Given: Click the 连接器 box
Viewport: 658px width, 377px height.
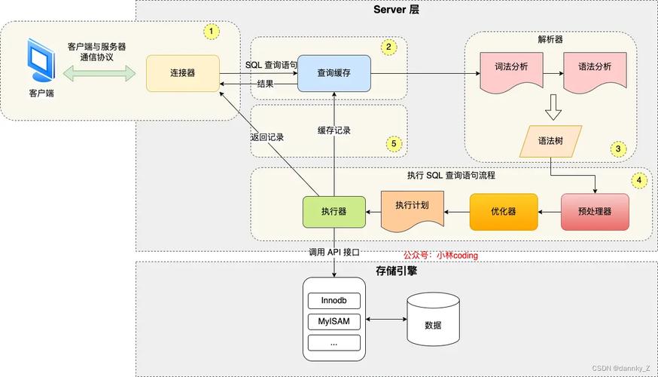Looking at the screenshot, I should coord(183,73).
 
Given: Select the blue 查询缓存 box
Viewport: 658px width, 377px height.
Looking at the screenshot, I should coord(334,73).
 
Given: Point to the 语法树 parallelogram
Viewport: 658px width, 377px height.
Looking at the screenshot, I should coord(551,141).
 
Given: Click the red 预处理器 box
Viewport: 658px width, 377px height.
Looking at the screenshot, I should coord(595,212).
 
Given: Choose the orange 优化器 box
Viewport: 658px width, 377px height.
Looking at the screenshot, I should coord(504,212).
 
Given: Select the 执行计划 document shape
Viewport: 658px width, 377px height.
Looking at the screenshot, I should coord(412,209).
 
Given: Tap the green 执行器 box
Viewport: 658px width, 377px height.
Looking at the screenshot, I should coord(334,212).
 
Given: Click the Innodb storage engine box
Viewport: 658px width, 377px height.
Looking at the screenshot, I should coord(334,301).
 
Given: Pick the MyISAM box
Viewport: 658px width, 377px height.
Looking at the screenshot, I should coord(334,322).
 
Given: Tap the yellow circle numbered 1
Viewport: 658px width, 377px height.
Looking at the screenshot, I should coord(212,32).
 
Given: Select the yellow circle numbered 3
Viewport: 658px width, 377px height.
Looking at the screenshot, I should coord(618,149).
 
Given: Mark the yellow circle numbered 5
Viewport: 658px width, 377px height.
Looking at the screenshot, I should coord(392,143).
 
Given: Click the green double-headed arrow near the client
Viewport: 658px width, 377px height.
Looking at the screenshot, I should coord(99,73).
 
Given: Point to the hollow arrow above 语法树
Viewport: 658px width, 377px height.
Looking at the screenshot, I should coord(553,108).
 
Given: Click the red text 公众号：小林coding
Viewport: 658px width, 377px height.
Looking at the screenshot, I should coord(440,256).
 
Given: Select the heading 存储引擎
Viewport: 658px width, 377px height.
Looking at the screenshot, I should coord(396,270).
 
